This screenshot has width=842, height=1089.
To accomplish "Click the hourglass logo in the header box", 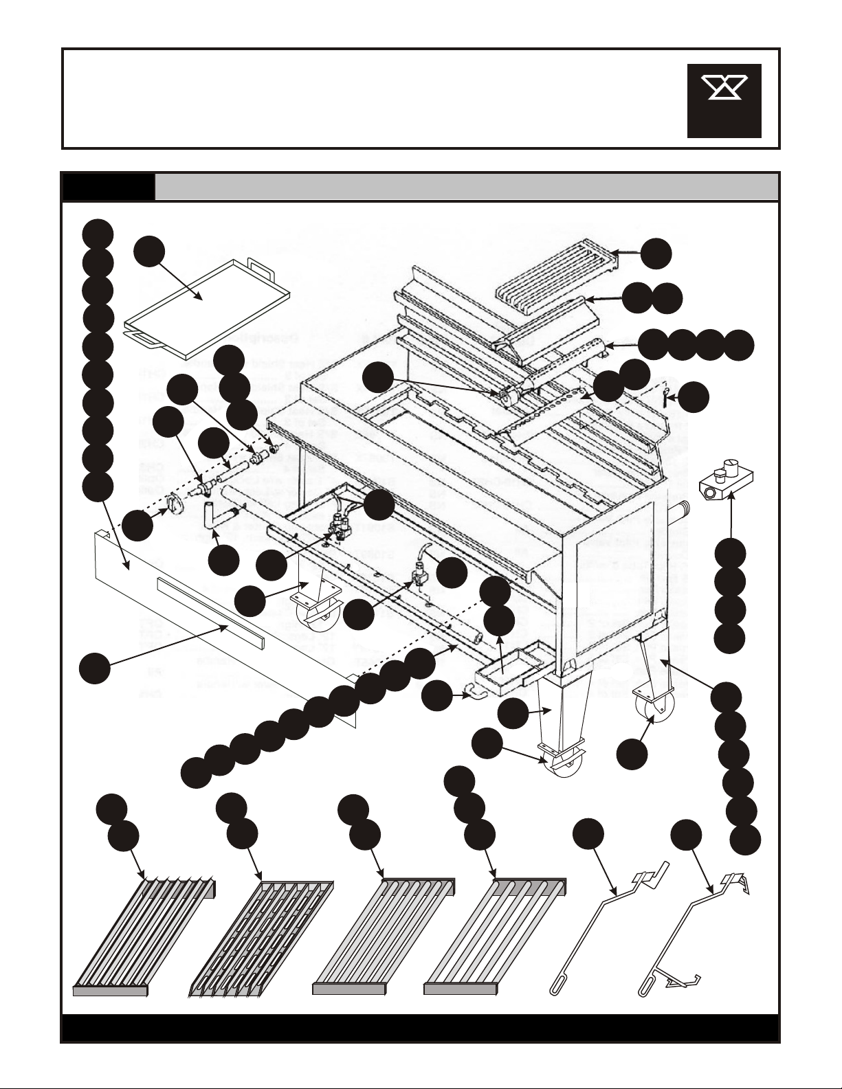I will coord(724,100).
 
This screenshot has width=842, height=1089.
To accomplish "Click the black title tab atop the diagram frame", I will coord(108,186).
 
